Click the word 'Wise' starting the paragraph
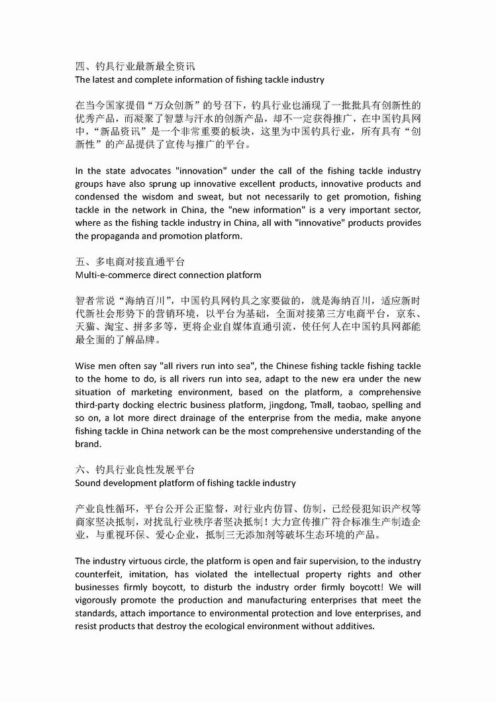click(86, 366)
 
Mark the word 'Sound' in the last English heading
click(87, 483)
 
